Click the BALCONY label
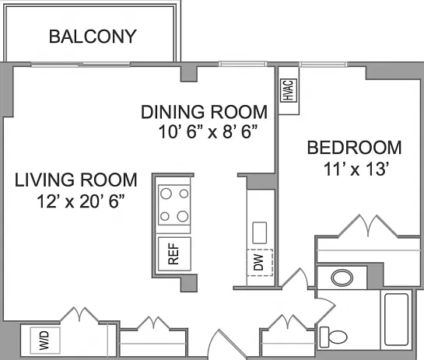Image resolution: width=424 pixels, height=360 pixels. [x=93, y=37]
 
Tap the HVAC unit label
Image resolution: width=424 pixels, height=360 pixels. [x=289, y=90]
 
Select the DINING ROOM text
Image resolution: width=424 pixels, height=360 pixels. [x=204, y=112]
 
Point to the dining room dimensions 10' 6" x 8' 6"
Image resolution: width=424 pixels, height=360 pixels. [x=208, y=132]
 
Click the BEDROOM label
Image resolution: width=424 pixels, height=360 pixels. [x=354, y=148]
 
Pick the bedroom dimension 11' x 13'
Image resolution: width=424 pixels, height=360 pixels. [x=356, y=169]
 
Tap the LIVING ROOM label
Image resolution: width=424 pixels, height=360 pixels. [x=76, y=180]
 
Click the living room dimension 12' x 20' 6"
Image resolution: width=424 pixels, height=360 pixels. [x=81, y=201]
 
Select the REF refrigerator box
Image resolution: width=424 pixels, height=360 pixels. [x=174, y=253]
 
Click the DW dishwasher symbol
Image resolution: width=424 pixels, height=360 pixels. [x=260, y=263]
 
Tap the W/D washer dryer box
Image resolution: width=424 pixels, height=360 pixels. [x=45, y=341]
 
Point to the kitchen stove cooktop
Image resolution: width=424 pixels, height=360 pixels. [x=174, y=204]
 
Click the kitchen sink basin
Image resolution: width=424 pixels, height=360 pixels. [x=260, y=232]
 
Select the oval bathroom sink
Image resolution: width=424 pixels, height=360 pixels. [x=342, y=278]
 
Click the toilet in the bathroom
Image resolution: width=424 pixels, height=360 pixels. [x=334, y=337]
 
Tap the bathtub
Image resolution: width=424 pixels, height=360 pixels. [x=397, y=320]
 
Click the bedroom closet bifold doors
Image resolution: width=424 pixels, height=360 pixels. [x=368, y=227]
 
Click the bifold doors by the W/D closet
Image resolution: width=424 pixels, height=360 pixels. [x=79, y=315]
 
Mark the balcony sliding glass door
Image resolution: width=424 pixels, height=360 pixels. [x=81, y=65]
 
